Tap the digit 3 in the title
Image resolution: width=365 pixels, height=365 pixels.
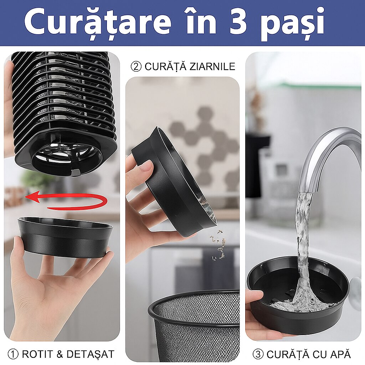click(238, 22)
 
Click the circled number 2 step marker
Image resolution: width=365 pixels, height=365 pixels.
click(136, 67)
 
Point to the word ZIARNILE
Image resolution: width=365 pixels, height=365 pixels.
click(212, 67)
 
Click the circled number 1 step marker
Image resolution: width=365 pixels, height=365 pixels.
click(13, 354)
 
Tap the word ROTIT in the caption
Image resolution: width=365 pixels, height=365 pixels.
click(37, 354)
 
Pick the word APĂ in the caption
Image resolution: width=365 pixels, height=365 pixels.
click(340, 354)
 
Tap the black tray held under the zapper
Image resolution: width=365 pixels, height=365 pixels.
click(65, 237)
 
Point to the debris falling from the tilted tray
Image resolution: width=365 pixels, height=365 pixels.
click(219, 245)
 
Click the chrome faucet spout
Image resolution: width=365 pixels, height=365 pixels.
click(330, 158)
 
